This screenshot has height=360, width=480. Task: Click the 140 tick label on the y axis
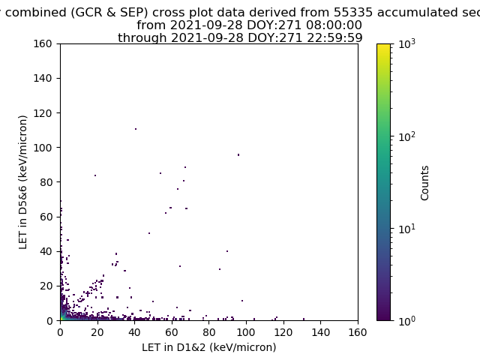pos(43,78)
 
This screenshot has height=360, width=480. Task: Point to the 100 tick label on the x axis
pos(246,332)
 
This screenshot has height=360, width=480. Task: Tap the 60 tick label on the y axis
pos(46,217)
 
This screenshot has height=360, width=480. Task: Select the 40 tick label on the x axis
pos(134,332)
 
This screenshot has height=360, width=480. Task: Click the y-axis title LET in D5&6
pos(23,182)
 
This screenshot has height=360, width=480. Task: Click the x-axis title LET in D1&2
pos(209,347)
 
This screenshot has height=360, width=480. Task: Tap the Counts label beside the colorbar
pos(424,183)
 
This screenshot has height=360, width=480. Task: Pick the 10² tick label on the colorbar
pos(406,136)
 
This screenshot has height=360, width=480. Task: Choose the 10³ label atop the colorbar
pos(406,44)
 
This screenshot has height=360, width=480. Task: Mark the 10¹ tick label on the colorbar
pos(406,229)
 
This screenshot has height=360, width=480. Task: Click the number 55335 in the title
pos(353,13)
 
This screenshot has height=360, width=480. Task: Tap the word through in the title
pos(142,38)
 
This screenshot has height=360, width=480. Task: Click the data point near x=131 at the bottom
pos(304,319)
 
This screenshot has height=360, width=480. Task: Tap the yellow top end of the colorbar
pos(383,45)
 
